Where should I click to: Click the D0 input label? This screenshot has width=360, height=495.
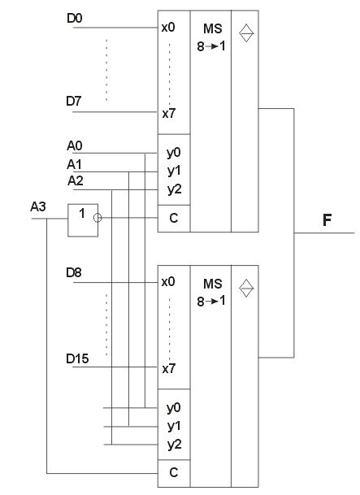click(75, 19)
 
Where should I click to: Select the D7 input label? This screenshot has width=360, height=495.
click(74, 101)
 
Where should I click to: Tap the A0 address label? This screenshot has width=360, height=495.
click(75, 145)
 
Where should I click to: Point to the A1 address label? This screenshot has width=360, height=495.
click(74, 164)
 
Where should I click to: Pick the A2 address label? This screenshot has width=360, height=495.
click(76, 181)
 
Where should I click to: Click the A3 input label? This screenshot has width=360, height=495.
click(38, 206)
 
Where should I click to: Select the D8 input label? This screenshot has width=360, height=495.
click(74, 272)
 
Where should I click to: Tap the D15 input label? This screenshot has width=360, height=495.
click(77, 358)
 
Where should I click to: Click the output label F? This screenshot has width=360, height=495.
click(327, 220)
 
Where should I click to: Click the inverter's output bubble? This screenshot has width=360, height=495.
click(98, 218)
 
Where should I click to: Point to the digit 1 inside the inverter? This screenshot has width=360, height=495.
click(82, 214)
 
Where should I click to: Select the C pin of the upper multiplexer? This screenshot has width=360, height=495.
click(174, 218)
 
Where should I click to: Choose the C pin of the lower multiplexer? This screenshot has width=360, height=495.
click(174, 472)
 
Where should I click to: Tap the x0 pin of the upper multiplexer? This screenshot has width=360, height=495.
click(168, 28)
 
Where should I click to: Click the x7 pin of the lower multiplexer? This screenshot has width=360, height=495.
click(169, 368)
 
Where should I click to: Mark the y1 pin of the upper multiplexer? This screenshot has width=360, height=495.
click(174, 171)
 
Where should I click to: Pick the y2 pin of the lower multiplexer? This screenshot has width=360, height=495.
click(175, 445)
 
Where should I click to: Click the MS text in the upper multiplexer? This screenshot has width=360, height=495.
click(213, 28)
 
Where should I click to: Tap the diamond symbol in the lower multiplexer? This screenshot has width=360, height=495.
click(246, 288)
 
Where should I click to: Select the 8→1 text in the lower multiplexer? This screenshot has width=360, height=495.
click(211, 302)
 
